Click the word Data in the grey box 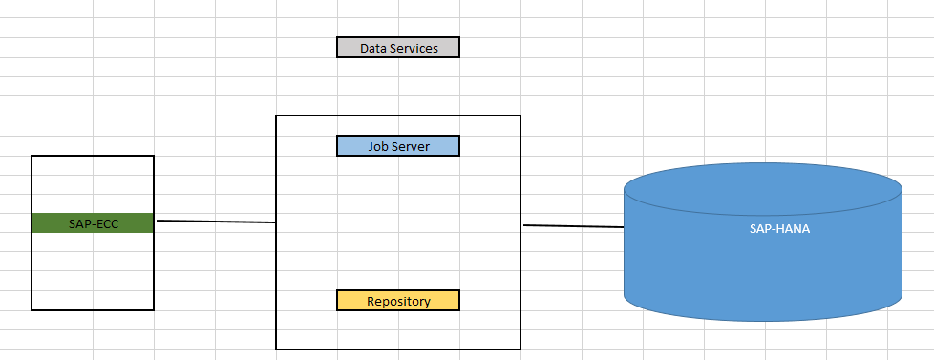click(x=373, y=48)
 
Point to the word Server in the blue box click(x=412, y=146)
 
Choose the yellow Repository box click(x=398, y=301)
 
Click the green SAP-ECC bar click(x=93, y=222)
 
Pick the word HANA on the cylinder click(x=793, y=229)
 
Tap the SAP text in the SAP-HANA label click(x=761, y=229)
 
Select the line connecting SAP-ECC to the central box click(x=216, y=222)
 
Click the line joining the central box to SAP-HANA click(x=573, y=226)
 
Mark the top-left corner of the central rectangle click(x=276, y=116)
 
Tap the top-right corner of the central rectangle click(x=520, y=116)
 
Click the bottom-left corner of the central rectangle click(x=276, y=349)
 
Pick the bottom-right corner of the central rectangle click(x=520, y=349)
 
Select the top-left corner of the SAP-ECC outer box click(x=32, y=155)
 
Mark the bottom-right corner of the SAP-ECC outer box click(x=154, y=310)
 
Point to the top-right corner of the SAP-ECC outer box click(x=154, y=155)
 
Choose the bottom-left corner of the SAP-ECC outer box click(x=32, y=310)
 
